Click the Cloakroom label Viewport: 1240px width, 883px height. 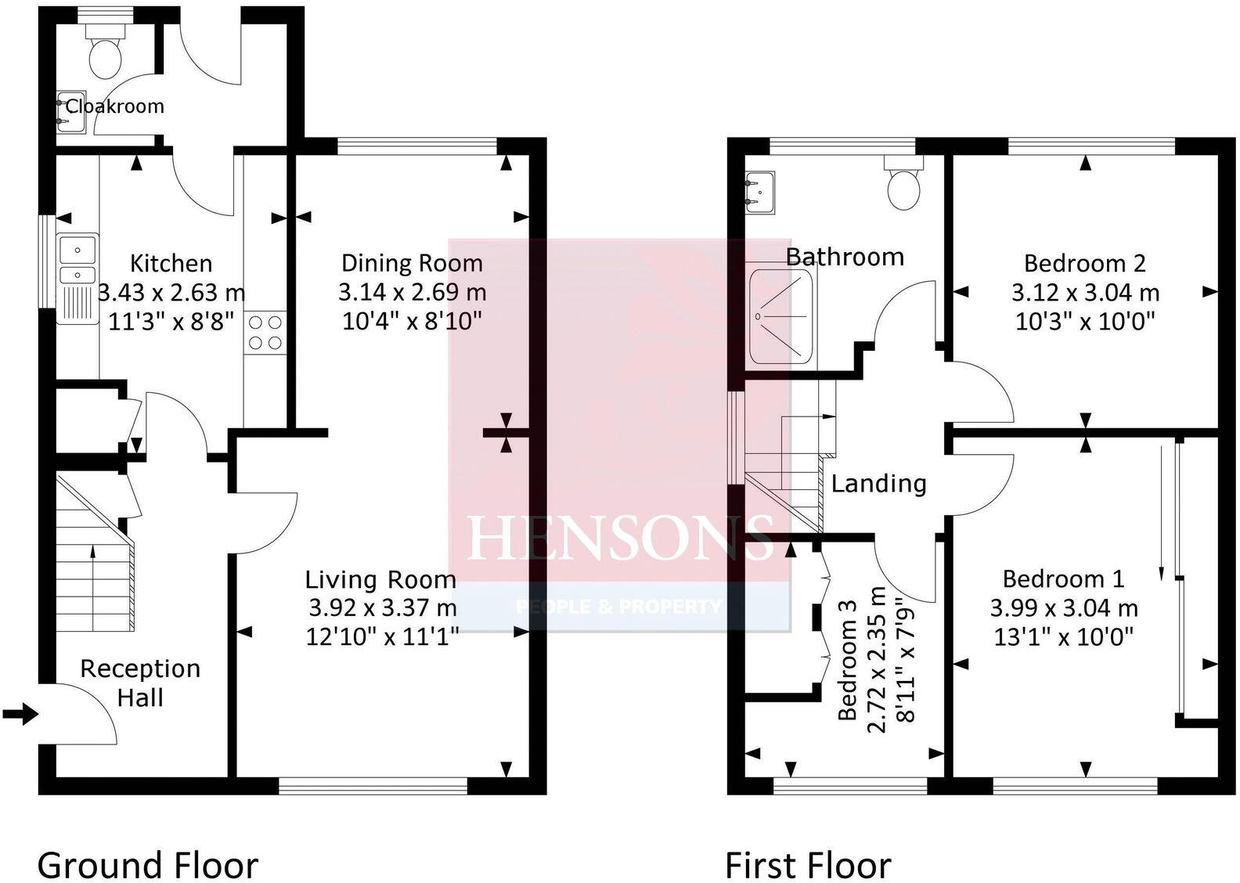114,106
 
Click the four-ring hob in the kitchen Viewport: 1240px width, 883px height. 265,331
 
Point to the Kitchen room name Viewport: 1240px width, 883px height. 171,263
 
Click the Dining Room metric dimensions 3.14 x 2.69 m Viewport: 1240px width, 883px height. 412,293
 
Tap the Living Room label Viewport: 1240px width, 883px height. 380,580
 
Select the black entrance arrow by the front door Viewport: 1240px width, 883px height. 20,713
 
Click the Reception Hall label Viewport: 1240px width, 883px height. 140,683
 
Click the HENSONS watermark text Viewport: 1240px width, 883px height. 619,539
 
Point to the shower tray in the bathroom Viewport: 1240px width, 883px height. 780,316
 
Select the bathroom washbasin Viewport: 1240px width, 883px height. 759,193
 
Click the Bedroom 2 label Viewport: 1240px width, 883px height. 1084,263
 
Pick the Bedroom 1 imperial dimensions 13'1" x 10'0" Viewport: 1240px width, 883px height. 1064,637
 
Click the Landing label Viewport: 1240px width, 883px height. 878,484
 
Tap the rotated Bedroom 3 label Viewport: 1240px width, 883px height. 848,660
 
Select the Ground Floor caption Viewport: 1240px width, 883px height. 147,866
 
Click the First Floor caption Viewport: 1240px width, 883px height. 807,866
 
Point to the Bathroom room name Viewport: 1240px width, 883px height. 845,257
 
